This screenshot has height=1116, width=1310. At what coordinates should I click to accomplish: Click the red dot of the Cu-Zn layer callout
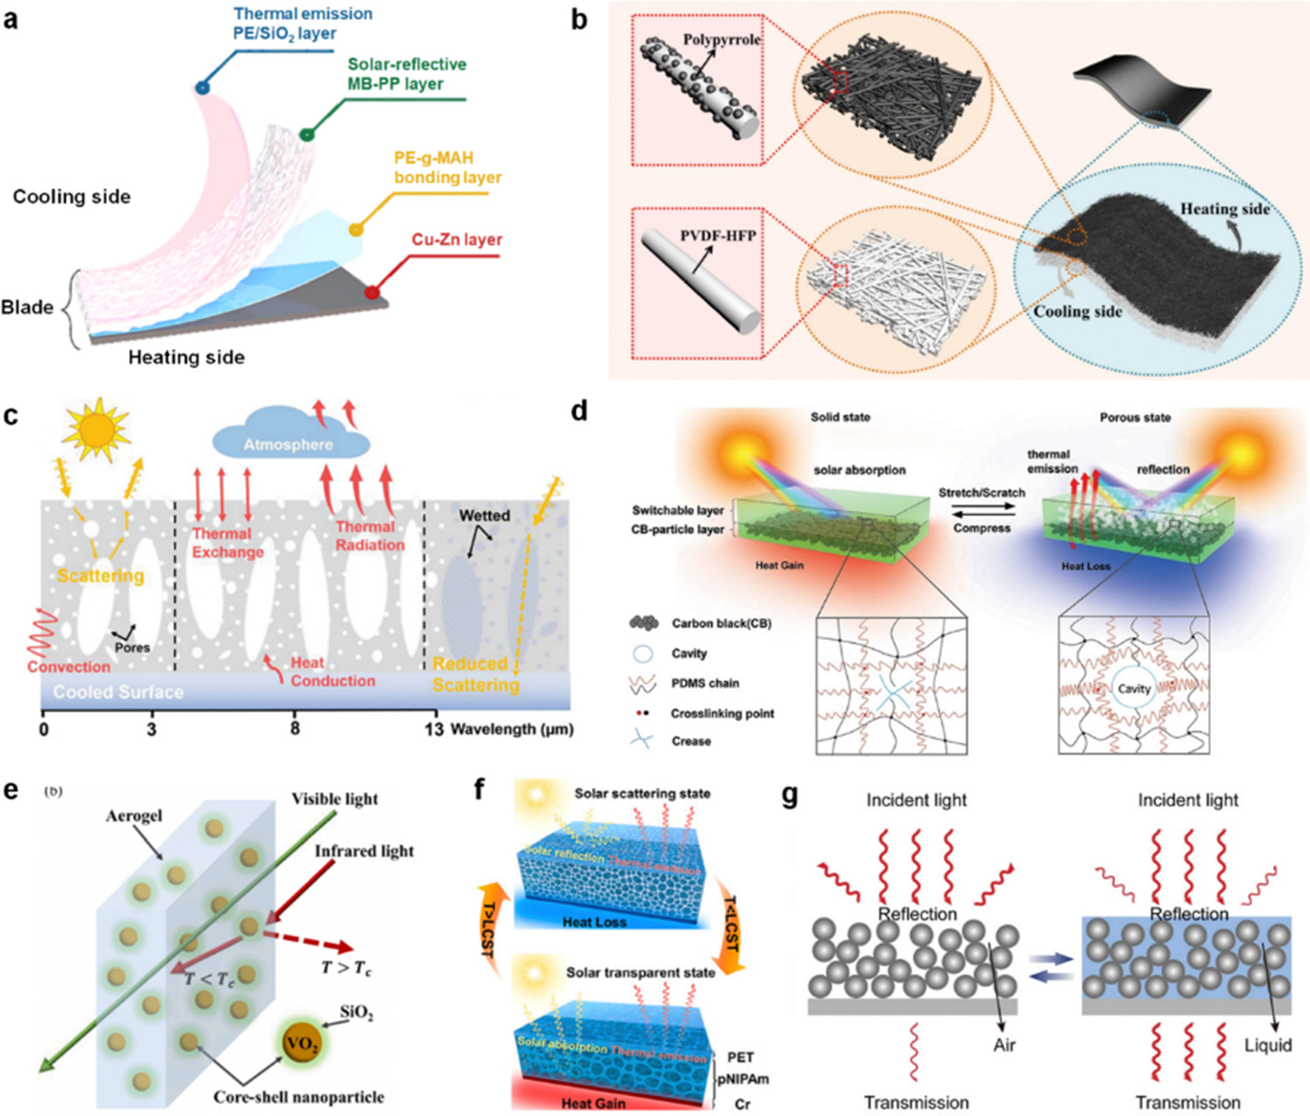tap(372, 293)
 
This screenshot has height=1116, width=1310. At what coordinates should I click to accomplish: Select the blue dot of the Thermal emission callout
tap(201, 88)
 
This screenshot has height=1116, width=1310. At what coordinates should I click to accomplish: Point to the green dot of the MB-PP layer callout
tap(306, 134)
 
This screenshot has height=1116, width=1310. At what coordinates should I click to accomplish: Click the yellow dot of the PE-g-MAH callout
tap(356, 230)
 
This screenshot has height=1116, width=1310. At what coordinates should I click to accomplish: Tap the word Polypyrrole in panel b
tap(721, 40)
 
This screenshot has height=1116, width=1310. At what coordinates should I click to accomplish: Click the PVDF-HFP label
tap(718, 236)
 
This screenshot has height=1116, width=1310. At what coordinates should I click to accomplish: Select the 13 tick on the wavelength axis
tap(434, 729)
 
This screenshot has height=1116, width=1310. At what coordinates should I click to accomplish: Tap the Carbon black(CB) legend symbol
tap(644, 624)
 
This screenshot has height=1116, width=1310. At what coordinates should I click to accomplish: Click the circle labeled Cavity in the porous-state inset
tap(1133, 689)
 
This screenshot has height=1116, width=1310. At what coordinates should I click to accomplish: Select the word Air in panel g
tap(1004, 1045)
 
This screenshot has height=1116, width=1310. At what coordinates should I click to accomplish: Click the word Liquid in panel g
tap(1267, 1045)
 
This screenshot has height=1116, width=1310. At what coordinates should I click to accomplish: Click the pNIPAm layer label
tap(743, 1079)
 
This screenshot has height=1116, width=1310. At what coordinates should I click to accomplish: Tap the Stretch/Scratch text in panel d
tap(982, 492)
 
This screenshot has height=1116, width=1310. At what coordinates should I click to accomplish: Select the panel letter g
tap(789, 796)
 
